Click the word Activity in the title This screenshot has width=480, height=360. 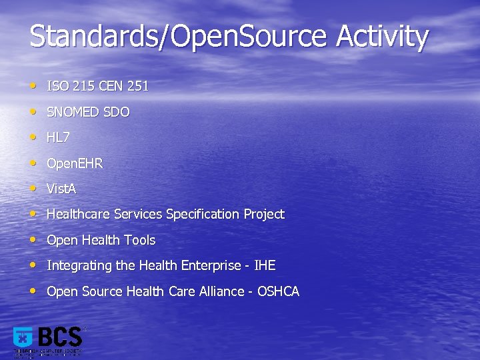(382, 37)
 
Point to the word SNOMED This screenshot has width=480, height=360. (73, 112)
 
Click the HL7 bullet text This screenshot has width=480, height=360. (58, 137)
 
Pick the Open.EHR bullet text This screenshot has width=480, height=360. (75, 163)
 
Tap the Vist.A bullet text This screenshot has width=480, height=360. (61, 189)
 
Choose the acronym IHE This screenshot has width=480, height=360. (265, 265)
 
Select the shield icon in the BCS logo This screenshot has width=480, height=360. (23, 338)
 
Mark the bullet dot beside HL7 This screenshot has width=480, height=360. (33, 137)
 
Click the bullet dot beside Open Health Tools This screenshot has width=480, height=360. (33, 239)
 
